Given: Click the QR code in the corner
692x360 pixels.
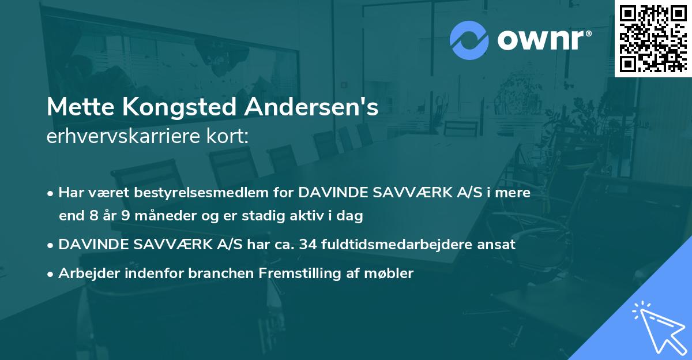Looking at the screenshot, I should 653,38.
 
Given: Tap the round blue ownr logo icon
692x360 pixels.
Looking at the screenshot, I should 469,40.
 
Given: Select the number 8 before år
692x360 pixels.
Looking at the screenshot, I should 95,216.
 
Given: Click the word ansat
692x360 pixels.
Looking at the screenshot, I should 499,245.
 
